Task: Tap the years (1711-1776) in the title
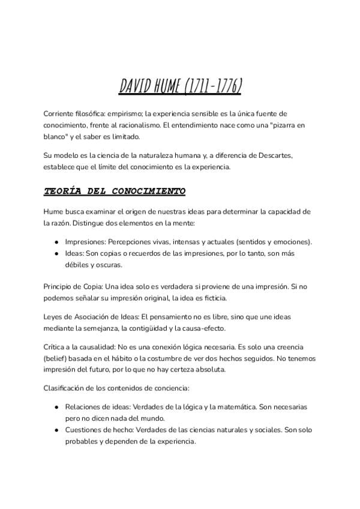point(212,88)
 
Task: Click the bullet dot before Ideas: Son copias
point(56,253)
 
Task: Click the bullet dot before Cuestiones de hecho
point(56,430)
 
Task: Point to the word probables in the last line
point(83,441)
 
